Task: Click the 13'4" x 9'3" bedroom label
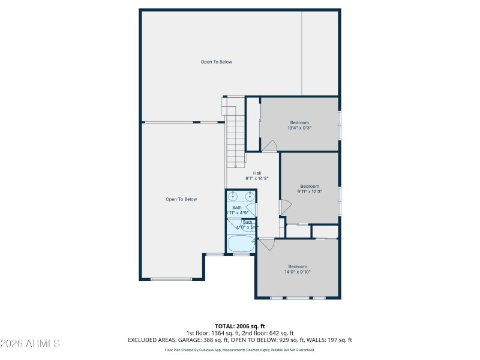[299, 125]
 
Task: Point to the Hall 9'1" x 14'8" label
[257, 176]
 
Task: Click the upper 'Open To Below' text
[216, 62]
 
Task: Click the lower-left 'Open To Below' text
[181, 199]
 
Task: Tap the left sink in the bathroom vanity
[233, 196]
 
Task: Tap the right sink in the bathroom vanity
[248, 196]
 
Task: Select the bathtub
[241, 244]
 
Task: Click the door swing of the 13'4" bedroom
[269, 146]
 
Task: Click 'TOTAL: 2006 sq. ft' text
[240, 326]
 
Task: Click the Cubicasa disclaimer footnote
[240, 350]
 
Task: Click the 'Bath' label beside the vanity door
[237, 208]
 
